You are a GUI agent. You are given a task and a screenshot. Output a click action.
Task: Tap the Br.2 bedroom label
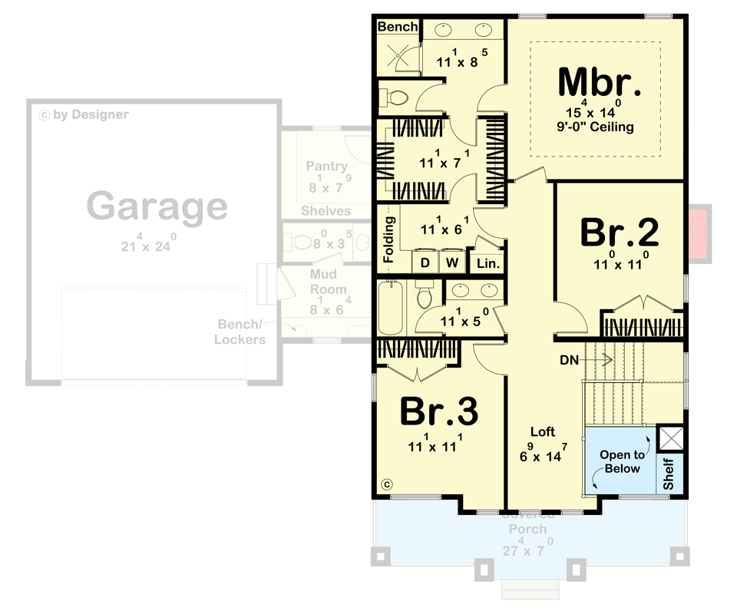[x=620, y=233]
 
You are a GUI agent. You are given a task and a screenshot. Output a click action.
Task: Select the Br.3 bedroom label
[x=439, y=412]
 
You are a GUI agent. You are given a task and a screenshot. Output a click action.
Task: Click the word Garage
[x=157, y=206]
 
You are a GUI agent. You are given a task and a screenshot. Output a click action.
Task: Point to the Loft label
[x=542, y=432]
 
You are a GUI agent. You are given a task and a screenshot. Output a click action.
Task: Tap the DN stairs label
[x=568, y=358]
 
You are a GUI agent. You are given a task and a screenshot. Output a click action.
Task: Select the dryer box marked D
[x=425, y=262]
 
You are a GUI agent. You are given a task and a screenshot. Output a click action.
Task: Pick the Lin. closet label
[x=487, y=263]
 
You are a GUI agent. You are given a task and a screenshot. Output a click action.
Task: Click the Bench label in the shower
[x=398, y=27]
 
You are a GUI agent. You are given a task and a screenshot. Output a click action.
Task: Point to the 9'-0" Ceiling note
[x=597, y=127]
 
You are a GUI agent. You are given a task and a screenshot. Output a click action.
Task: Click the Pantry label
[x=326, y=166]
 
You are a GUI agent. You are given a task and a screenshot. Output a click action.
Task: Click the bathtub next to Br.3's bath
[x=390, y=308]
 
